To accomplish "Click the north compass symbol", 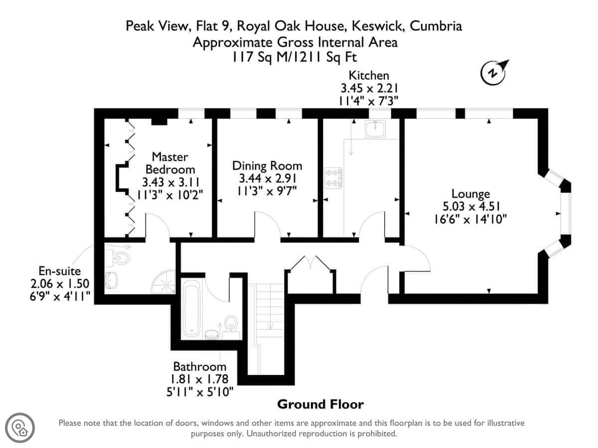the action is (493, 72).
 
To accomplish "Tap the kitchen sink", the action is (375, 128).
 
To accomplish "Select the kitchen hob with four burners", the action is (333, 178).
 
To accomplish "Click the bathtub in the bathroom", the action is (191, 308).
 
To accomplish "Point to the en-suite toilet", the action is (119, 257).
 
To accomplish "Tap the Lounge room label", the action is (470, 194).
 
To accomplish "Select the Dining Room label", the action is (267, 166).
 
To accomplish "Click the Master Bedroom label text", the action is (170, 163).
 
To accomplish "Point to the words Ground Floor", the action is (320, 405).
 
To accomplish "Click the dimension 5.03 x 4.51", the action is (471, 207).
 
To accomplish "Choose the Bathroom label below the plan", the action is (200, 367).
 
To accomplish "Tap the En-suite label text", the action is (60, 271).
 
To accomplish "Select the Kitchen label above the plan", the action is (369, 75).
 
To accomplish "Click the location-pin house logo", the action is (20, 428).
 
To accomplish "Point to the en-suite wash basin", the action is (111, 280).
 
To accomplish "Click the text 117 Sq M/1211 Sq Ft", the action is (294, 57).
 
